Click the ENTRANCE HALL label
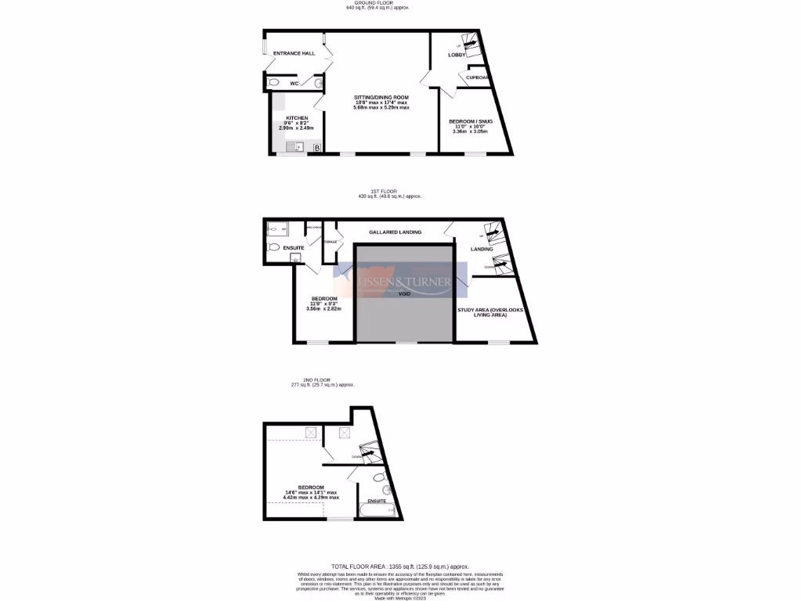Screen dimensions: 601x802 click(x=294, y=53)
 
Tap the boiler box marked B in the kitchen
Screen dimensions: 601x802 click(x=316, y=147)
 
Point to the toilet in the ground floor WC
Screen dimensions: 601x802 click(x=273, y=82)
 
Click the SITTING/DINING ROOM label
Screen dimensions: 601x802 click(x=381, y=97)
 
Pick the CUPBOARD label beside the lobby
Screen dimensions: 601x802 click(x=478, y=77)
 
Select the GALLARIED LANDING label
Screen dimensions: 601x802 click(x=395, y=232)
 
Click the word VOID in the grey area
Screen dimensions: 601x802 click(x=404, y=294)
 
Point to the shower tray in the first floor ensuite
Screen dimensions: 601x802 click(x=275, y=229)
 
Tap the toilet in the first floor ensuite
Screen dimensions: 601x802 click(x=273, y=247)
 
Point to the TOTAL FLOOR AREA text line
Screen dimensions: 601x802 click(x=399, y=566)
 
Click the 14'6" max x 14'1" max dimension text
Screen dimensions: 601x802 click(x=312, y=492)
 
